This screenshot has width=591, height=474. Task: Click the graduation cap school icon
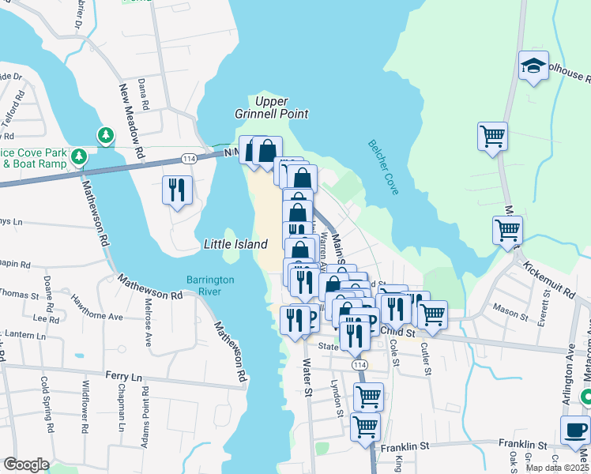(x=534, y=66)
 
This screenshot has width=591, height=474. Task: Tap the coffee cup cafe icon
(x=575, y=431)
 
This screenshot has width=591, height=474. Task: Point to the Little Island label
(x=235, y=245)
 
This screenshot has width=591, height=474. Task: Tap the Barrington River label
(x=210, y=286)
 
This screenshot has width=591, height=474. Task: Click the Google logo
(x=26, y=465)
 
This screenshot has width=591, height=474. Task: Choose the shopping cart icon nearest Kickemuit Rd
(x=507, y=231)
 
